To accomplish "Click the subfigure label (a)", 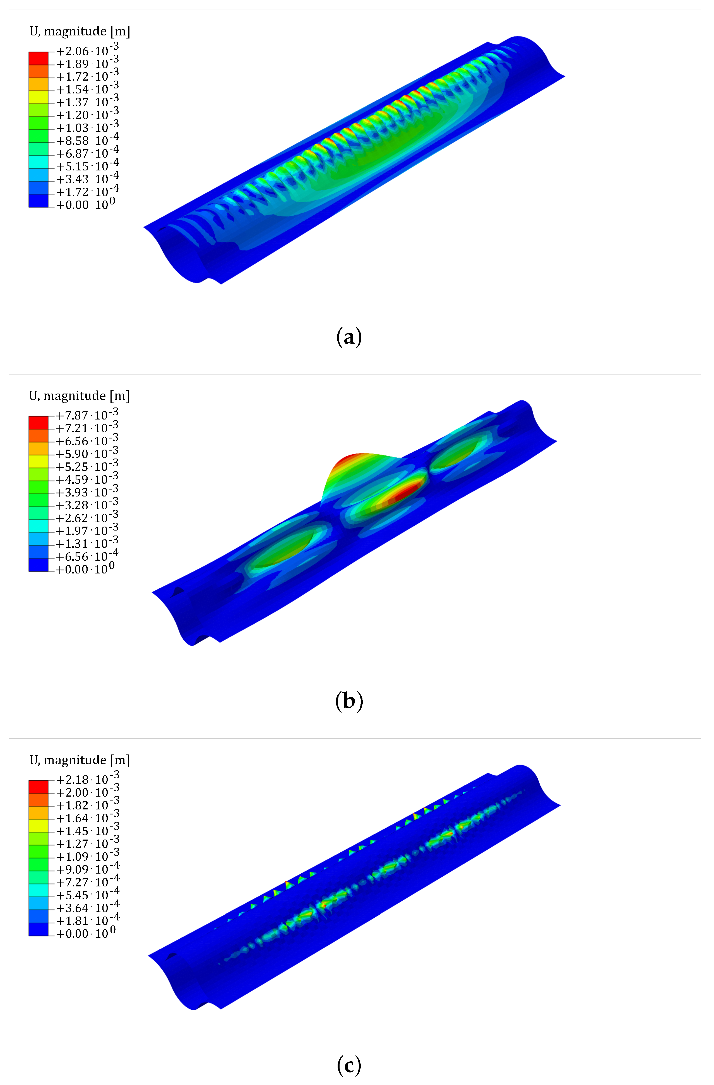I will pyautogui.click(x=349, y=338).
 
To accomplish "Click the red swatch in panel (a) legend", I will pyautogui.click(x=38, y=58).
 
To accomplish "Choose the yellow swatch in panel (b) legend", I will pyautogui.click(x=38, y=461).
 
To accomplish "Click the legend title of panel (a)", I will pyautogui.click(x=80, y=32).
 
